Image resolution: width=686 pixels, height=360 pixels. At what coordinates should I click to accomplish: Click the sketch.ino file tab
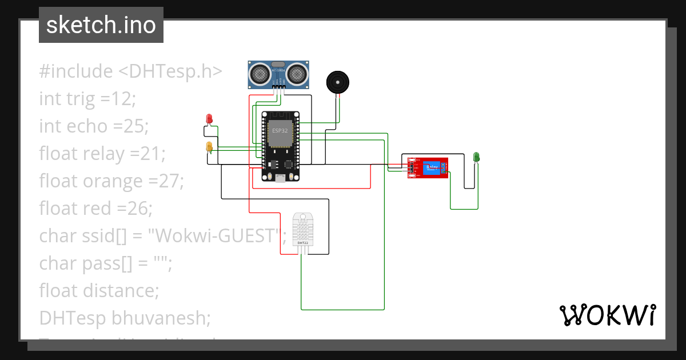pos(101,25)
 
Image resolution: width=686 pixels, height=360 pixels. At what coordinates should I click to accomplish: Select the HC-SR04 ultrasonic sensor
pos(279,74)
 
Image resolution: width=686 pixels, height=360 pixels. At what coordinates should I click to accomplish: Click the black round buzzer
pos(337,82)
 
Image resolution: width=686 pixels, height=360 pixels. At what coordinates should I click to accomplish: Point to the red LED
pos(209,119)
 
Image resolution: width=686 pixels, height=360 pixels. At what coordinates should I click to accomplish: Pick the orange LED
pos(209,147)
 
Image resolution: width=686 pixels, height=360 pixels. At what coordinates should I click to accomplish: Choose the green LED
pos(476,157)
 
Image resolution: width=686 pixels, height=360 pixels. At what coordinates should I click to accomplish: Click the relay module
pos(427,167)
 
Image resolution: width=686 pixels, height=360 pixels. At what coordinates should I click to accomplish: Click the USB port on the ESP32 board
pos(280,178)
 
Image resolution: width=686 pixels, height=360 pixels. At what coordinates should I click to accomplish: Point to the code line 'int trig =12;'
pos(87,99)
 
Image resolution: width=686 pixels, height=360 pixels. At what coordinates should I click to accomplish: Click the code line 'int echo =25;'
pos(94,126)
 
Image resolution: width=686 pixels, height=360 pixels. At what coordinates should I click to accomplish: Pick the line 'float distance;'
pos(99,290)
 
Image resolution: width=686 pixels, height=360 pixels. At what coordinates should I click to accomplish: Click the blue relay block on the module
pos(432,167)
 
